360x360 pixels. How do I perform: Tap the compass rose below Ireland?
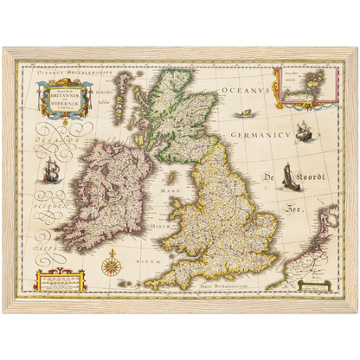tap(111, 262)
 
